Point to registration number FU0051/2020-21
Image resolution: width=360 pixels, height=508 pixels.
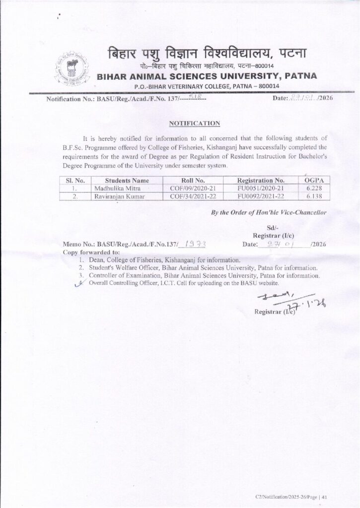tap(261, 189)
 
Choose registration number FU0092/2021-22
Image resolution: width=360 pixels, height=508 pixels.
tap(261, 197)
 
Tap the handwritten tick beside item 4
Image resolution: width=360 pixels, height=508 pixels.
tap(76, 283)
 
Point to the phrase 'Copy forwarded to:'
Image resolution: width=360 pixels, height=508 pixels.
tap(86, 252)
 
